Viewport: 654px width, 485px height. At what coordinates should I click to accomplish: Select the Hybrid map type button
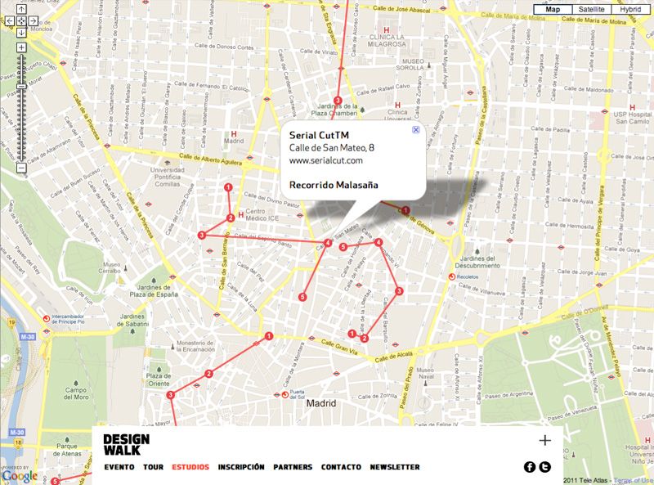(x=629, y=10)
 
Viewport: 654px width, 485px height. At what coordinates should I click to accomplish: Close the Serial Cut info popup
(x=415, y=129)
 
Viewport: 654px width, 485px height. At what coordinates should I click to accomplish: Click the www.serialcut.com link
(x=326, y=160)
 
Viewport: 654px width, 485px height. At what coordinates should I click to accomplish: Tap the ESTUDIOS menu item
(x=190, y=467)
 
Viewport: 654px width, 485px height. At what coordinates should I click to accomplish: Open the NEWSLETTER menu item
(x=395, y=467)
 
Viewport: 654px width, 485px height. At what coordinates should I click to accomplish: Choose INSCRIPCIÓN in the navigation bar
(x=241, y=467)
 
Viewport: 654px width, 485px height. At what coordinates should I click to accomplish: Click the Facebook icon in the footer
(x=529, y=467)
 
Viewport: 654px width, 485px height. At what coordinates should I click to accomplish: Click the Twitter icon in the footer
(x=545, y=467)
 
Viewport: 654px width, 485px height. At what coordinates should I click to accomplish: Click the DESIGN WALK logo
(x=122, y=444)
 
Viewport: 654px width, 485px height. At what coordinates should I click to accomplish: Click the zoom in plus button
(x=21, y=47)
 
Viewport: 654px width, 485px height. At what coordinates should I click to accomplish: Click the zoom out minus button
(x=21, y=168)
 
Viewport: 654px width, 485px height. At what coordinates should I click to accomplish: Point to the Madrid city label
(x=322, y=403)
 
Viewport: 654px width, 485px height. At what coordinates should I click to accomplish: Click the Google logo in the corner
(x=20, y=476)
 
